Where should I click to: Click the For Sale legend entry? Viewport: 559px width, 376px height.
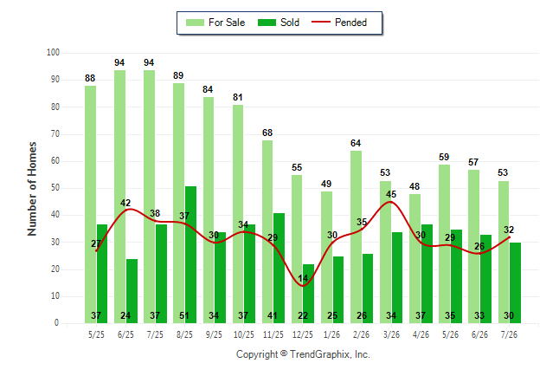[215, 23]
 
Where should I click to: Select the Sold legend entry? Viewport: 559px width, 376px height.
[279, 23]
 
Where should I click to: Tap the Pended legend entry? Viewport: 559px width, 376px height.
[339, 23]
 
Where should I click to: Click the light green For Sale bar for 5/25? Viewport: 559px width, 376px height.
[90, 204]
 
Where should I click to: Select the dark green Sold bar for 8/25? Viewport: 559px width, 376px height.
[190, 255]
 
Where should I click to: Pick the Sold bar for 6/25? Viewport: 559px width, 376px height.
[132, 291]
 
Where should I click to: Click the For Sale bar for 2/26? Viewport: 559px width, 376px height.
[356, 237]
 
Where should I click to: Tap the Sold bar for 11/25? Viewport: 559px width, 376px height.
[279, 269]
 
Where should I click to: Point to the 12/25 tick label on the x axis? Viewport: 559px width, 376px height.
[303, 334]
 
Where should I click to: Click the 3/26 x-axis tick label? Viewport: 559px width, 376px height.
[391, 334]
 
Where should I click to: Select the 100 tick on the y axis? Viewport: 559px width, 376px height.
[53, 53]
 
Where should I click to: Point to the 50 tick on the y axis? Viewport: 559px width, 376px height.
[55, 188]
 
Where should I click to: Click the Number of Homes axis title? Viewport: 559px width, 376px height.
[32, 189]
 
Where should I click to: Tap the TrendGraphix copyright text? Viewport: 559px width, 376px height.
[303, 354]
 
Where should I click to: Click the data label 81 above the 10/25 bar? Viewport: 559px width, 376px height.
[238, 97]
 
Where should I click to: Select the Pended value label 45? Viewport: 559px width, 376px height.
[391, 194]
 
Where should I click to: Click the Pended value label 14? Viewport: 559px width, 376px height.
[303, 278]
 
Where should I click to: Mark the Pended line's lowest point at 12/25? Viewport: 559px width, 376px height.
[303, 286]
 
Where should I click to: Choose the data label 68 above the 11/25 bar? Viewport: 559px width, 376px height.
[267, 133]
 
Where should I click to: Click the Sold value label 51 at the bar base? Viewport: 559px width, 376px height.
[184, 315]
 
